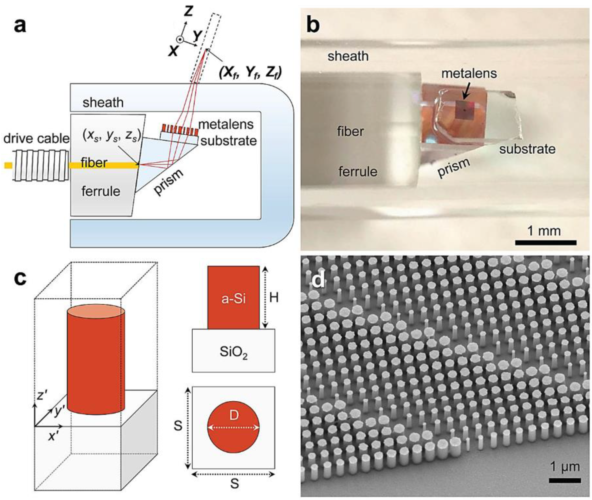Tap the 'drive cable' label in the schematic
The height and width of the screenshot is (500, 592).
pos(36,139)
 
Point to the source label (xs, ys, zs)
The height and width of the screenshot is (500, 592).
pos(112,136)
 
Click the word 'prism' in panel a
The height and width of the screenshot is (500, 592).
pos(169,182)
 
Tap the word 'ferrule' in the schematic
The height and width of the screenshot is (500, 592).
pos(101,191)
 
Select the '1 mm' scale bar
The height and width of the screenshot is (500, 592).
pos(546,242)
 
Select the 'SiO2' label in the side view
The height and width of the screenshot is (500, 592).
pos(233,352)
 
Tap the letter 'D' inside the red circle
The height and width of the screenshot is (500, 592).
pos(233,416)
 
